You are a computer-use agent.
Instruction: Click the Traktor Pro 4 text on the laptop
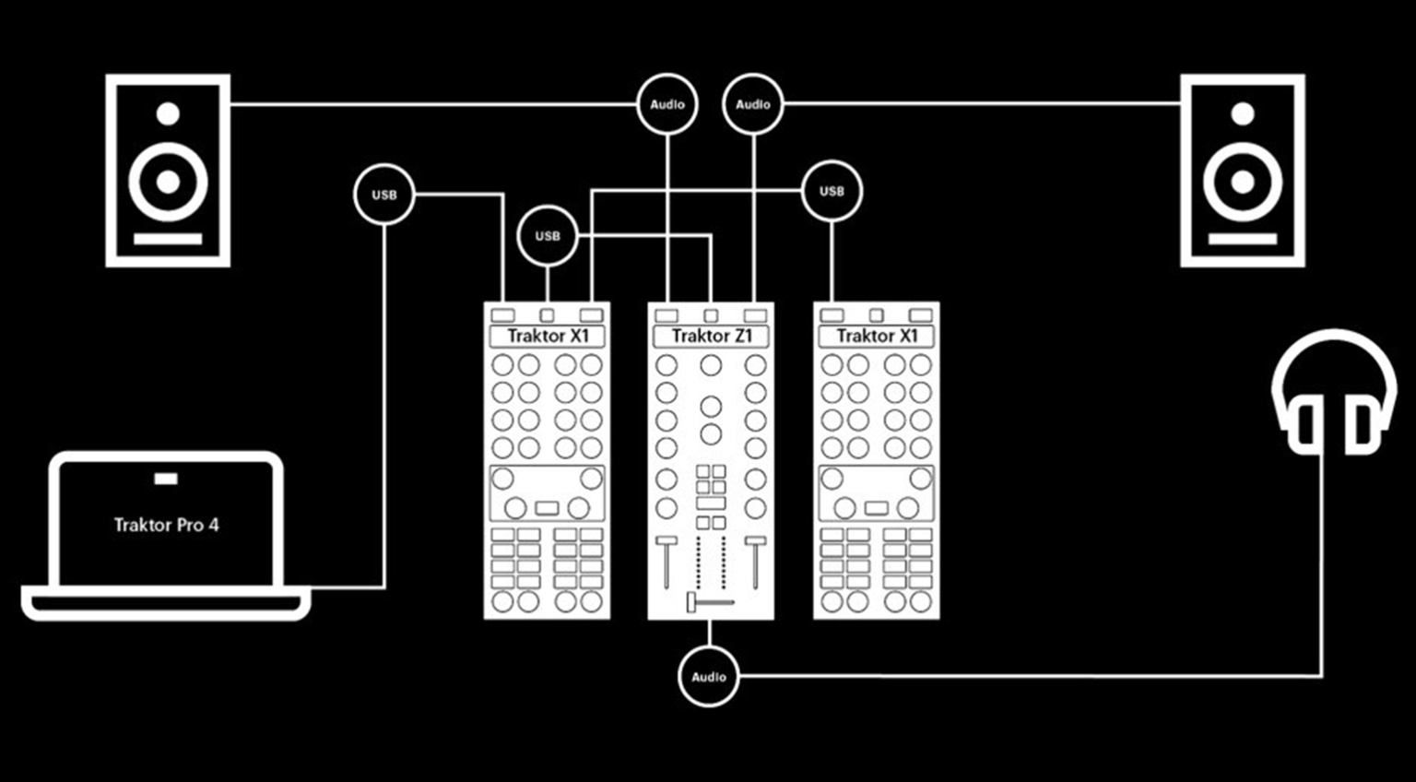point(166,525)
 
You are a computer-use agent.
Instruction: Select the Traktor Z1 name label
point(711,337)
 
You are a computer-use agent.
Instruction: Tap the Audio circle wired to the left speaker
point(667,104)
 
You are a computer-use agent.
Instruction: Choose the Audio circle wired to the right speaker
point(753,104)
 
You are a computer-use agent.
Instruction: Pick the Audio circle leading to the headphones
point(709,677)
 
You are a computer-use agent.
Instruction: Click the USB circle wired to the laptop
point(384,194)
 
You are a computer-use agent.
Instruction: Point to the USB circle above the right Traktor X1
point(832,191)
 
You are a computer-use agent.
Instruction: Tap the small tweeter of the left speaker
point(168,113)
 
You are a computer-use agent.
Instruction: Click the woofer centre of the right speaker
point(1243,182)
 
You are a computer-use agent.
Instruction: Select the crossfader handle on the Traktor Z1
point(690,603)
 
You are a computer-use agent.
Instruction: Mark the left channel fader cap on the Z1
point(667,541)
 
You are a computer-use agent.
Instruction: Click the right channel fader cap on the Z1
point(755,541)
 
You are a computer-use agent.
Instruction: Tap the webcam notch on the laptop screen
point(166,480)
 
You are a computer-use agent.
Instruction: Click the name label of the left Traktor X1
point(548,337)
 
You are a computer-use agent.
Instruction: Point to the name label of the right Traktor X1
point(876,337)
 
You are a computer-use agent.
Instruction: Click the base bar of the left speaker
point(168,239)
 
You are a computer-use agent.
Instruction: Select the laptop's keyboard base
point(166,603)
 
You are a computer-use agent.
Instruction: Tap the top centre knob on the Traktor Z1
point(711,365)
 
